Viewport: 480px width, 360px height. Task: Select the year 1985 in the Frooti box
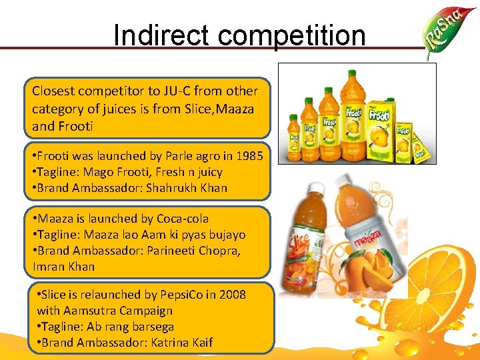249,156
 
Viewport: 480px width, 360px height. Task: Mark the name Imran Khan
64,267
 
